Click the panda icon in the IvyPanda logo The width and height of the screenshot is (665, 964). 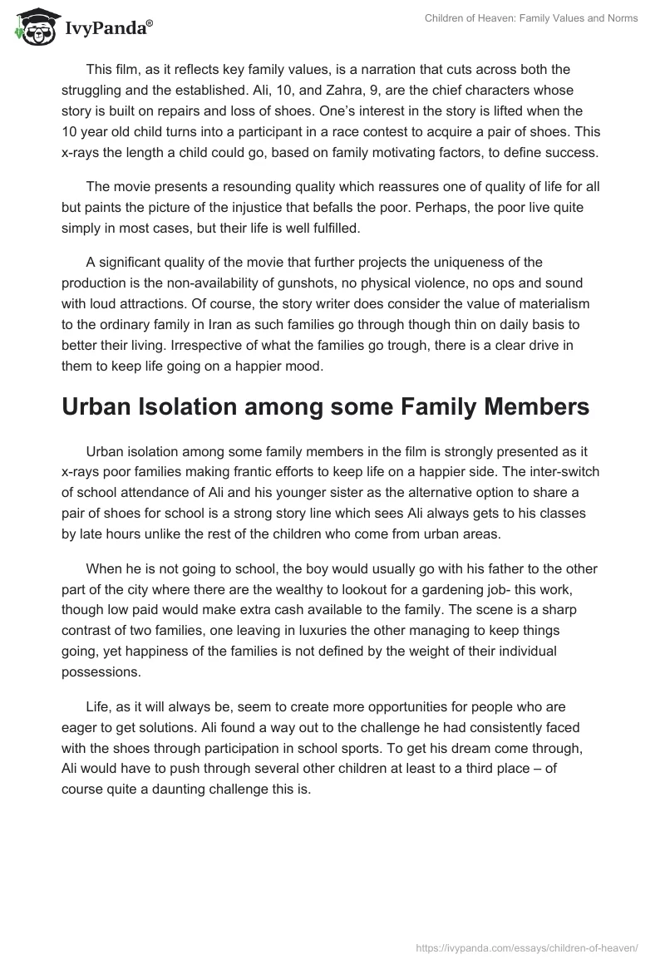click(x=33, y=27)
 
